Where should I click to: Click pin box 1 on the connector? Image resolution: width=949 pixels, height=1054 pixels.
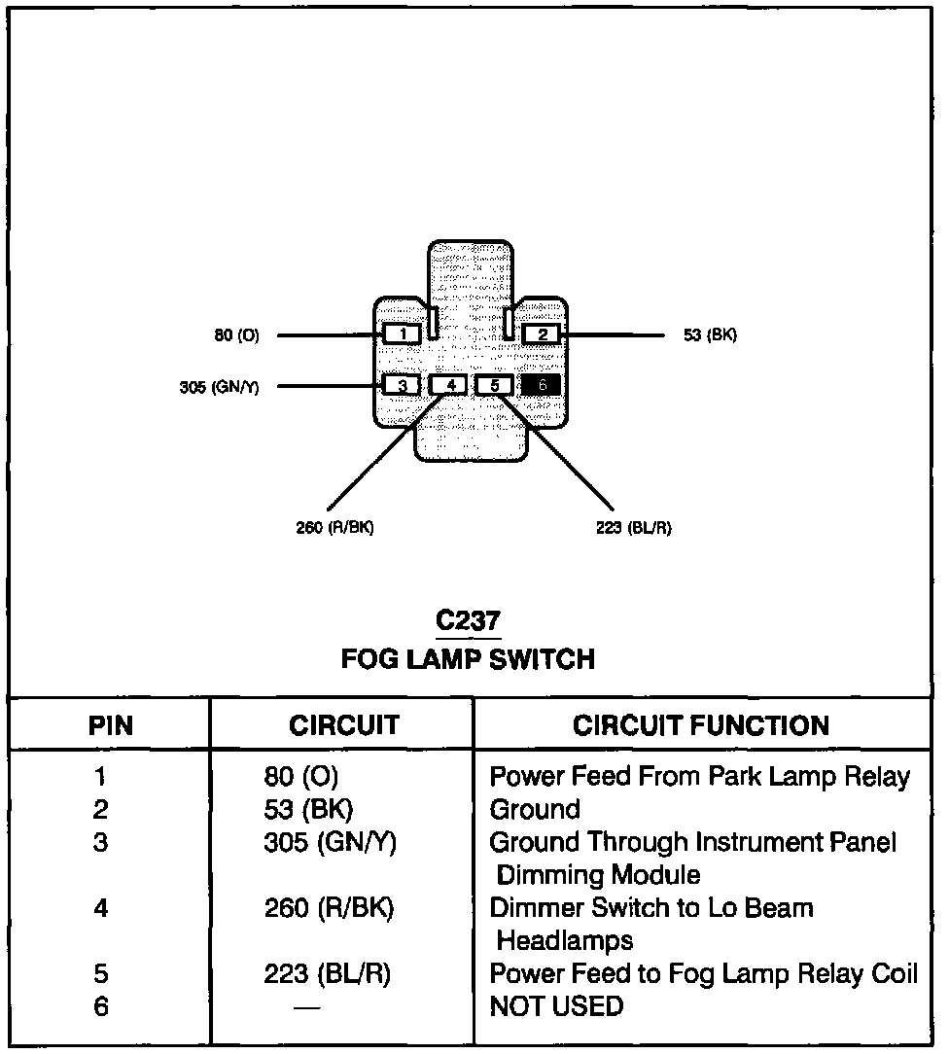tap(403, 334)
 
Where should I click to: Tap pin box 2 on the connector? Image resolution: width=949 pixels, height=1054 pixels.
tap(542, 334)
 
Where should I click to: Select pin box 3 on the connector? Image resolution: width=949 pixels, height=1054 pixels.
tap(402, 385)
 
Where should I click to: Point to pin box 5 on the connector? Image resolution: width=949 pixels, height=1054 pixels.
tap(494, 385)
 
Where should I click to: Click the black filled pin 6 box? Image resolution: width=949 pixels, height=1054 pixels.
tap(542, 385)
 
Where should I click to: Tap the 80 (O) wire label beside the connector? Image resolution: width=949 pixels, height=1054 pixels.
tap(236, 335)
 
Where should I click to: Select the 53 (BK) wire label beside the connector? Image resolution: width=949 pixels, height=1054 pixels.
tap(710, 335)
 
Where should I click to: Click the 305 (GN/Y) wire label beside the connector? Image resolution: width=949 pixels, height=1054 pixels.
tap(219, 387)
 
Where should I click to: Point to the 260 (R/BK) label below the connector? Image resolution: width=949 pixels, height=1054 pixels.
tap(334, 528)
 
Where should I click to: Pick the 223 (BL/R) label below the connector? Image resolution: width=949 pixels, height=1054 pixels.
tap(633, 528)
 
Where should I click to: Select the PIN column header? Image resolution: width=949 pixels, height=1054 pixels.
tap(111, 725)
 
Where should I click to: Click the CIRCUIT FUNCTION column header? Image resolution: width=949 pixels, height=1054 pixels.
tap(700, 725)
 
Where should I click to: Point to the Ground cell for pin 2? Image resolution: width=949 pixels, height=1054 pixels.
tap(535, 810)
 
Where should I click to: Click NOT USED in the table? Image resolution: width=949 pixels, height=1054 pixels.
tap(556, 1006)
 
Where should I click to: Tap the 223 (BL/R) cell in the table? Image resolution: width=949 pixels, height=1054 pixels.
tap(327, 974)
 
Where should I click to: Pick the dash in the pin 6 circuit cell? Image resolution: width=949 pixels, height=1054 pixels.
tap(306, 1007)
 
